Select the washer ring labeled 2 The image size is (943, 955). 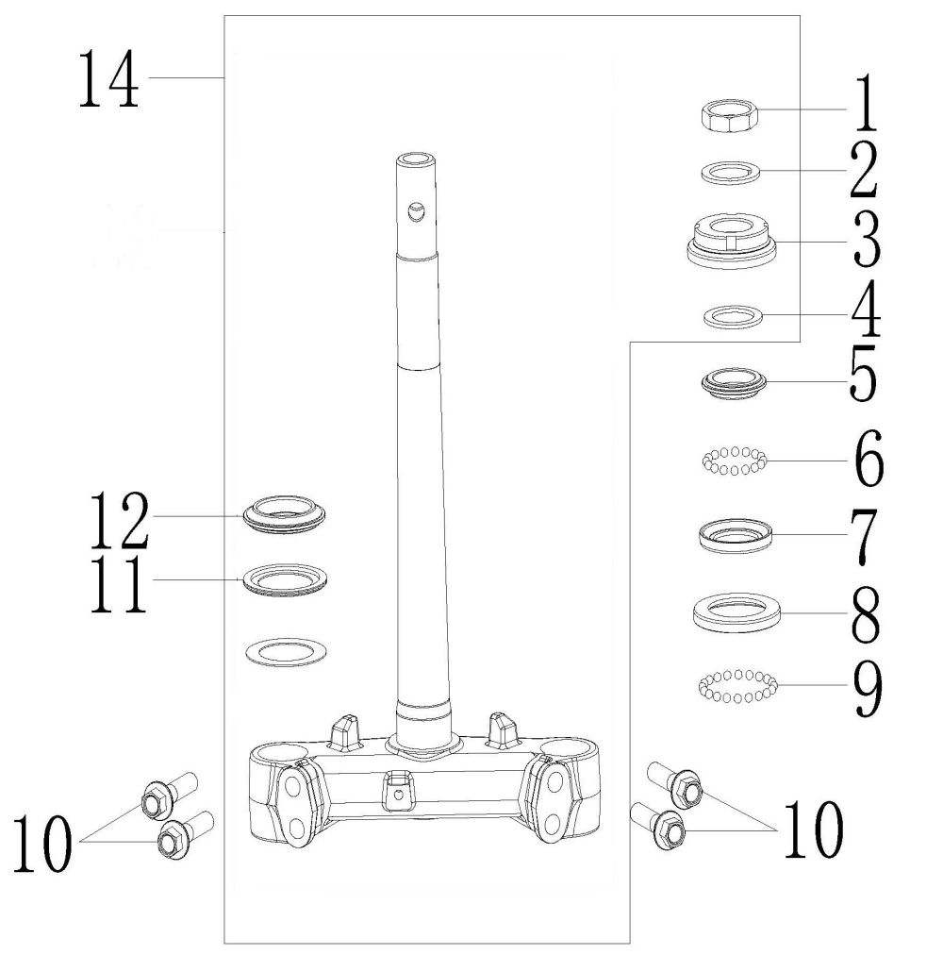pyautogui.click(x=732, y=173)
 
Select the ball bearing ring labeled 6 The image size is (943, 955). pyautogui.click(x=735, y=461)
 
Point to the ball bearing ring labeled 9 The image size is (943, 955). pyautogui.click(x=736, y=686)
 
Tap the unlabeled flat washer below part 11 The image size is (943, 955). pyautogui.click(x=287, y=650)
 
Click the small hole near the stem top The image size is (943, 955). pyautogui.click(x=415, y=212)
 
